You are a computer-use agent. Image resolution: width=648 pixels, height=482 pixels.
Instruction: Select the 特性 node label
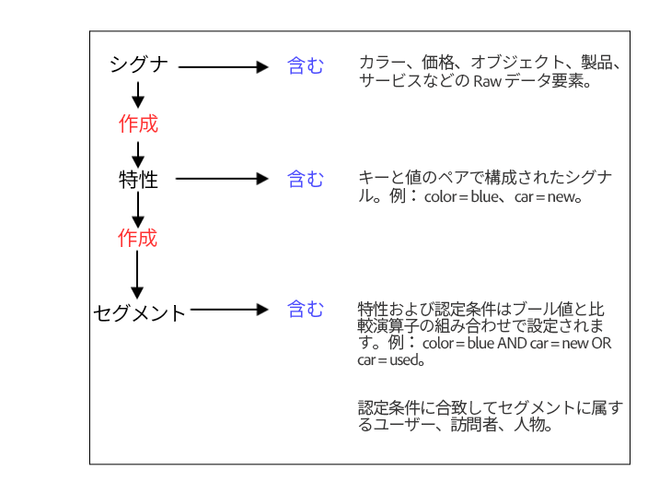[x=139, y=180]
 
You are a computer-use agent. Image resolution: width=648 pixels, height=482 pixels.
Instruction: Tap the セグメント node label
[x=139, y=312]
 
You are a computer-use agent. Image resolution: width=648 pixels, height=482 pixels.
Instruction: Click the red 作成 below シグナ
[x=139, y=123]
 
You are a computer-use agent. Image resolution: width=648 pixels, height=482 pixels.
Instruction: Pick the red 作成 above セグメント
[x=138, y=238]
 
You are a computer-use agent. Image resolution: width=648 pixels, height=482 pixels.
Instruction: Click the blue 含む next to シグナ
[x=306, y=65]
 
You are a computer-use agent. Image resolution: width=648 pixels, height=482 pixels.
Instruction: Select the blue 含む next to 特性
[x=306, y=179]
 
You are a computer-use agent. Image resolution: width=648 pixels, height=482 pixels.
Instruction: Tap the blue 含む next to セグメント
[x=306, y=310]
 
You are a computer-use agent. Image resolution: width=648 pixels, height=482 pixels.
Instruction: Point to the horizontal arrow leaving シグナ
[x=222, y=66]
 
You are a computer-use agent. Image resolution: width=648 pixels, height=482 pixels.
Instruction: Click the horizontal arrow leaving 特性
[x=221, y=179]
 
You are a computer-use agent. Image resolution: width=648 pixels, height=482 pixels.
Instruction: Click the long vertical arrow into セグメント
[x=138, y=275]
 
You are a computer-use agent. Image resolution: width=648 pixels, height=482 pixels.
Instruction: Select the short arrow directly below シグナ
[x=138, y=94]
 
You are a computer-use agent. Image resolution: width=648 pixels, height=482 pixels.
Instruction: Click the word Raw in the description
[x=486, y=81]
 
